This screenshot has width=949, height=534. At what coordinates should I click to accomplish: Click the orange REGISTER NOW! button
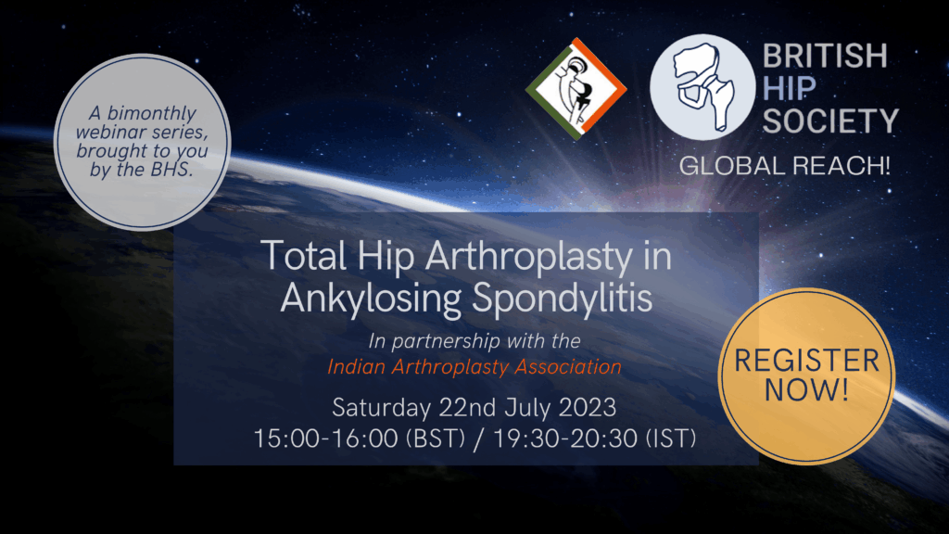806,376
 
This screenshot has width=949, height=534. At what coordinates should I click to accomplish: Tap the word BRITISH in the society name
825,56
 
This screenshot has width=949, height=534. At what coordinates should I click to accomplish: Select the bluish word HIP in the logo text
790,88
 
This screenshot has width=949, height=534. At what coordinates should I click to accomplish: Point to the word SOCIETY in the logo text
830,121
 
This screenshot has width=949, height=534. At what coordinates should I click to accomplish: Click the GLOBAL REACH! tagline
784,166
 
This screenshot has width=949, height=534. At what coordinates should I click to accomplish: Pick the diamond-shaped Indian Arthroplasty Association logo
576,88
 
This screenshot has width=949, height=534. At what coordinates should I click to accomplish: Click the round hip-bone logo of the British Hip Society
702,87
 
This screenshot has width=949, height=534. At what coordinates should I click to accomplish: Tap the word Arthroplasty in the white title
529,256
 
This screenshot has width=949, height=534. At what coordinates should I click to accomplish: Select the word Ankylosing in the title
371,299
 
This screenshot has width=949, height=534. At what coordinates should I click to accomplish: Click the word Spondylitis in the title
563,299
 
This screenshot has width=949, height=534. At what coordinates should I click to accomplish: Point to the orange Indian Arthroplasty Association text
474,367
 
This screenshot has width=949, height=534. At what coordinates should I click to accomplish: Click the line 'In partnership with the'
474,341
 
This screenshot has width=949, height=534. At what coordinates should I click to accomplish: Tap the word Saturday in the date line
381,408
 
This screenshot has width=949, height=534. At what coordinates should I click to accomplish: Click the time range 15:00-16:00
325,439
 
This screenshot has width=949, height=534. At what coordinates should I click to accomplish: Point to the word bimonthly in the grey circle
152,113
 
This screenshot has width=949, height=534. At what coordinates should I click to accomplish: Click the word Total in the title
304,256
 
